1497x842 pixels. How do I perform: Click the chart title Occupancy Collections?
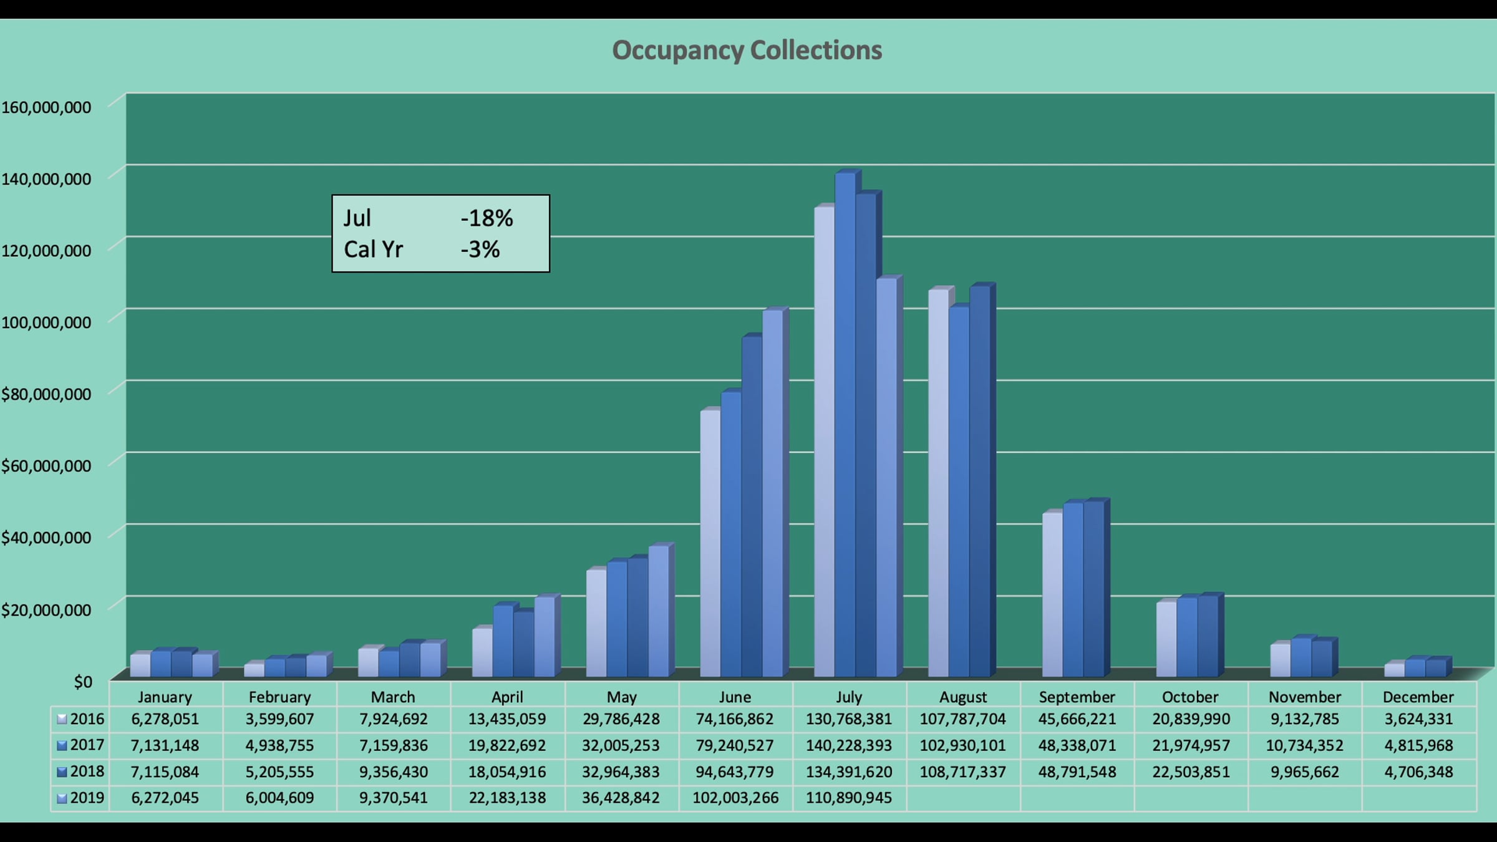tap(747, 51)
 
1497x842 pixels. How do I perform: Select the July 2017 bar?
tap(845, 424)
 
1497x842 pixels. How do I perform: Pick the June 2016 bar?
tap(710, 543)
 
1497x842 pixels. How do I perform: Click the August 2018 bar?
tap(979, 480)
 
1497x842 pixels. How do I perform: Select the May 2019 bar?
tap(658, 611)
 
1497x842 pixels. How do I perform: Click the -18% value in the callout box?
tap(487, 218)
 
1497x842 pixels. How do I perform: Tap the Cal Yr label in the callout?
tap(373, 249)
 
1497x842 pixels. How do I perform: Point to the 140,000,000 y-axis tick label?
tap(46, 179)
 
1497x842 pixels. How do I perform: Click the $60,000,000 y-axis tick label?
tap(46, 466)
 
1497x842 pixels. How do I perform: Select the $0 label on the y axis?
tap(83, 682)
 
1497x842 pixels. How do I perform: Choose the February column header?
tap(279, 697)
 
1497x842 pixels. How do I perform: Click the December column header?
tap(1418, 697)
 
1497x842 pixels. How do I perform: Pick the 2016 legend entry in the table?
tap(80, 719)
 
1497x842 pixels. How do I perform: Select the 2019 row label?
tap(80, 798)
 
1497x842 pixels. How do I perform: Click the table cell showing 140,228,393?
tap(848, 745)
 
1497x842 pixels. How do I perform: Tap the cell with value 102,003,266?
tap(735, 798)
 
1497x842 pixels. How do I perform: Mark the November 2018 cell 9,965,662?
tap(1304, 772)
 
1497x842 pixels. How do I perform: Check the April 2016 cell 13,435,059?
tap(506, 719)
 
